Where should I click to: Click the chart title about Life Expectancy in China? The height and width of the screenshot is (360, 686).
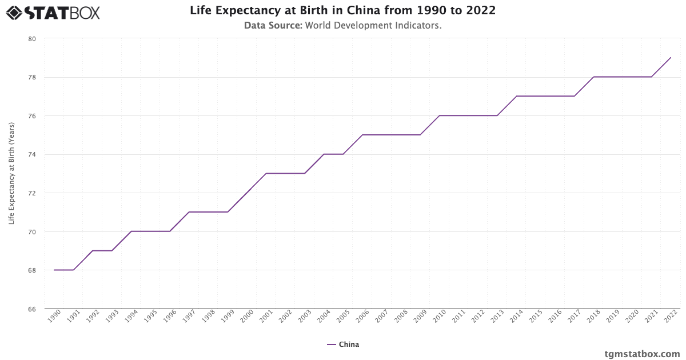coord(342,11)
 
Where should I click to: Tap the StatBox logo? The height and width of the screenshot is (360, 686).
coord(53,12)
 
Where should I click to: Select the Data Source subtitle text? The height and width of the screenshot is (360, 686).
coord(342,26)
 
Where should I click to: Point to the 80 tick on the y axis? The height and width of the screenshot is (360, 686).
coord(31,39)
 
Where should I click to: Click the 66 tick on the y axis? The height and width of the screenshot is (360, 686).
coord(31,309)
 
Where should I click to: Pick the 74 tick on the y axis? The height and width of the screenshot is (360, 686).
coord(31,154)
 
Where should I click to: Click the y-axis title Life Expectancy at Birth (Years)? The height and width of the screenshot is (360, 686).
coord(11,174)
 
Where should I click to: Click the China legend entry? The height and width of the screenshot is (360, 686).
coord(343,345)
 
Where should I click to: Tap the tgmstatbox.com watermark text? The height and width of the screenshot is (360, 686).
coord(642,354)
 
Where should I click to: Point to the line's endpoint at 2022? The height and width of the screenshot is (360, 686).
coord(671,58)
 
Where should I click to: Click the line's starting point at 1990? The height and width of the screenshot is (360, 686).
coord(54,270)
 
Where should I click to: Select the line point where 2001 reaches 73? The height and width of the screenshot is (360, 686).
coord(266,174)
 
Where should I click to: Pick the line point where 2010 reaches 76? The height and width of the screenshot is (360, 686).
coord(439,115)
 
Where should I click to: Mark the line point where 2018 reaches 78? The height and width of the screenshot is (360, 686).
coord(593,77)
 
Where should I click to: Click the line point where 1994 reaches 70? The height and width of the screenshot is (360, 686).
coord(131,231)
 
